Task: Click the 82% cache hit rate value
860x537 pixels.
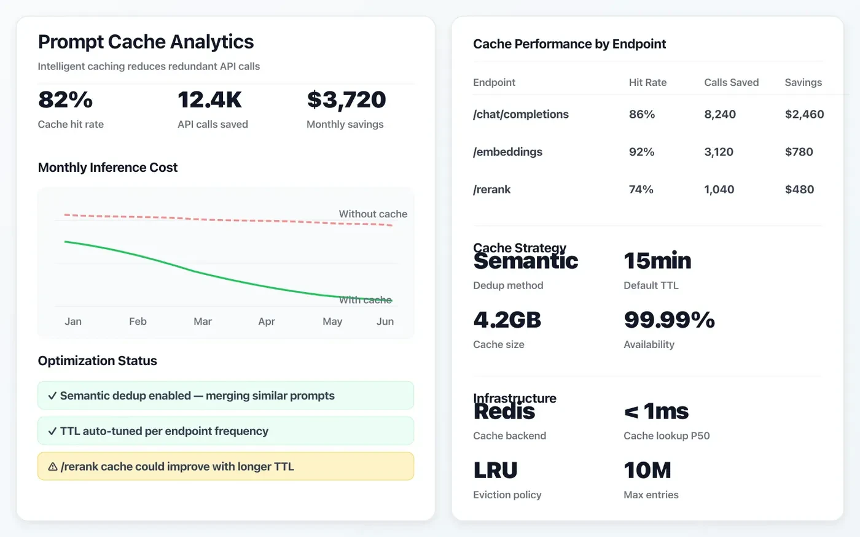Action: coord(65,99)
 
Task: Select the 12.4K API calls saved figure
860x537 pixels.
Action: coord(209,99)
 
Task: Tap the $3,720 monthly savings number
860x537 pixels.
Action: coord(346,99)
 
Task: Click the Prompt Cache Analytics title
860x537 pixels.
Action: coord(146,42)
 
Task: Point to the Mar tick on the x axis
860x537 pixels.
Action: coord(203,322)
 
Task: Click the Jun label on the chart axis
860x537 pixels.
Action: coord(385,322)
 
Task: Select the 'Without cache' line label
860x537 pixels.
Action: coord(373,214)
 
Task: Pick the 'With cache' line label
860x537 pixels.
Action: coord(365,300)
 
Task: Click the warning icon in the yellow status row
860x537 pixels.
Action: coord(53,467)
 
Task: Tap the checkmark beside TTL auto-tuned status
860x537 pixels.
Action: coord(52,431)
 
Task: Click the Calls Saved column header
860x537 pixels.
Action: coord(731,82)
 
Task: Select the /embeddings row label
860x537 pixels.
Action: coord(507,152)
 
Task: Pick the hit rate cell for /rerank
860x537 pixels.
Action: coord(641,190)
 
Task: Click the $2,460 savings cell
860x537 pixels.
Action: coord(804,114)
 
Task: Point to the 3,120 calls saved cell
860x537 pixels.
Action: coord(719,152)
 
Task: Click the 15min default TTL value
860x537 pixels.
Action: coord(657,261)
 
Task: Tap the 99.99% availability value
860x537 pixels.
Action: coord(669,320)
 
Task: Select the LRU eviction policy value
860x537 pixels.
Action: coord(495,470)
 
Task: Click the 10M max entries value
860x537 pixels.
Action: coord(647,470)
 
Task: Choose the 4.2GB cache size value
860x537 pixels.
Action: coord(507,320)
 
